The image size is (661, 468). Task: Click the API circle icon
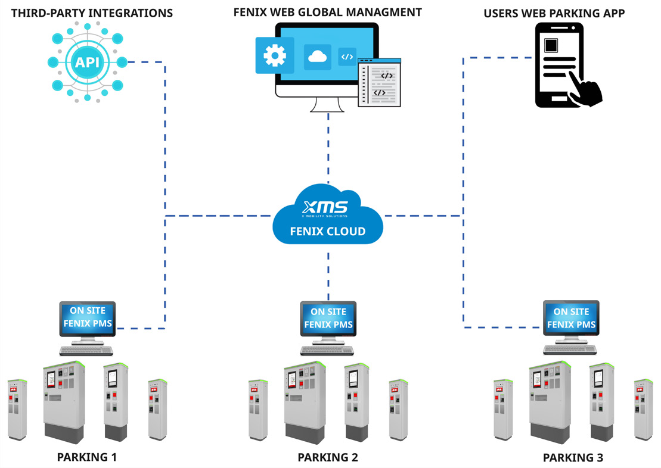[87, 62]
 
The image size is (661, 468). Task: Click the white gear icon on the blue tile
[275, 55]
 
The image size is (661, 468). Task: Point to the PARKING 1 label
[87, 457]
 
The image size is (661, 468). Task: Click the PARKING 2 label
[328, 457]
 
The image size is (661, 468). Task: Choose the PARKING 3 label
[573, 458]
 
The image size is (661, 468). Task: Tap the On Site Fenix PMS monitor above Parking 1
[88, 319]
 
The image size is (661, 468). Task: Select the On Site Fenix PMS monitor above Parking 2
[328, 319]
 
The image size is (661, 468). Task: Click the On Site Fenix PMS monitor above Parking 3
[571, 319]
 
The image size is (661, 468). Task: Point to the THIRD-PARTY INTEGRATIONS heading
[87, 13]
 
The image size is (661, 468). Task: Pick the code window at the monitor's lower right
[380, 83]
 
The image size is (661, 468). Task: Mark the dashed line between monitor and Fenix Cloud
[328, 149]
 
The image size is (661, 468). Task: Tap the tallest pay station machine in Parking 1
[64, 402]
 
